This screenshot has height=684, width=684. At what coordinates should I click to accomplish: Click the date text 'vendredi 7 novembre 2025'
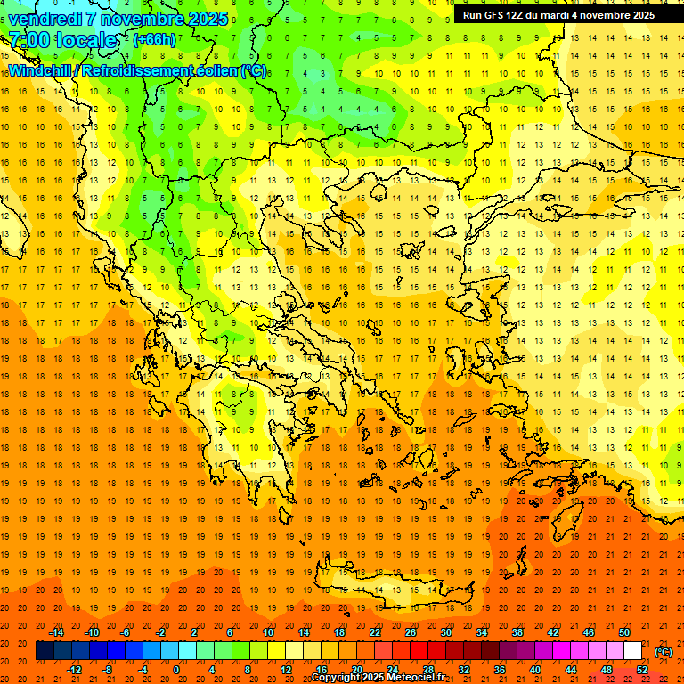coord(118,19)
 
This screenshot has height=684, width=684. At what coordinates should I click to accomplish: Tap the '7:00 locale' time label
coord(62,40)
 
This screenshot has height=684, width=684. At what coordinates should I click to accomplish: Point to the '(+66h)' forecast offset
coord(155,40)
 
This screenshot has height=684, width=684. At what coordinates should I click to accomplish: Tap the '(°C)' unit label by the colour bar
coord(663,652)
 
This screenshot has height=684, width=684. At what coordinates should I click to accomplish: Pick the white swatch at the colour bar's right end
coord(632,651)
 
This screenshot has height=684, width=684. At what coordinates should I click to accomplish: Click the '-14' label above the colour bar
coord(56,632)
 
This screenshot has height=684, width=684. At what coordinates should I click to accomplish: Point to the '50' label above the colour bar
coord(623,632)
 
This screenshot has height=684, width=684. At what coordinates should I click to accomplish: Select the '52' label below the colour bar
coord(641,670)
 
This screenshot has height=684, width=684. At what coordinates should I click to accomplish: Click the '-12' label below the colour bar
coord(74,670)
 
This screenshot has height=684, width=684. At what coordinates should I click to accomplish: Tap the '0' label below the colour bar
coord(177,670)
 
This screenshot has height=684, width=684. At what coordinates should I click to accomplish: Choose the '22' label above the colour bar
coord(375,632)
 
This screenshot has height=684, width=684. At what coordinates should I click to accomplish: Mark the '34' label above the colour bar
coord(481,632)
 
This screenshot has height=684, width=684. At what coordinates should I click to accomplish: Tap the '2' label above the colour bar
coord(195,632)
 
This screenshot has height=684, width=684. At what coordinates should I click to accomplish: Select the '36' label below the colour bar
coord(499,670)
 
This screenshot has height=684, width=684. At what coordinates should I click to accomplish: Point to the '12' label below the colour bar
coord(286,670)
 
